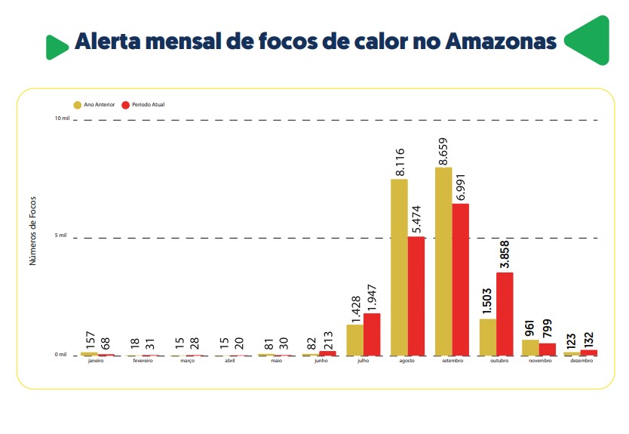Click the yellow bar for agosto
pyautogui.click(x=399, y=266)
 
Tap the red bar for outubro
pyautogui.click(x=505, y=313)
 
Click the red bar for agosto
pyautogui.click(x=416, y=295)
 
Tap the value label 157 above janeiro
pyautogui.click(x=90, y=338)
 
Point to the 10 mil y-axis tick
pyautogui.click(x=61, y=119)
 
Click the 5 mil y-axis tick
pyautogui.click(x=62, y=235)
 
